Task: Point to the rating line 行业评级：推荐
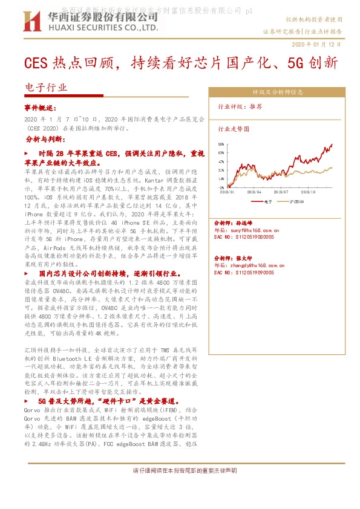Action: pos(240,106)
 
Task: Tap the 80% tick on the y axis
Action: pos(221,144)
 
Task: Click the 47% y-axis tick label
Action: pos(221,161)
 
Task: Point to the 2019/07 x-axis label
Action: pos(283,192)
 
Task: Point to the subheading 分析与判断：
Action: pos(45,139)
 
